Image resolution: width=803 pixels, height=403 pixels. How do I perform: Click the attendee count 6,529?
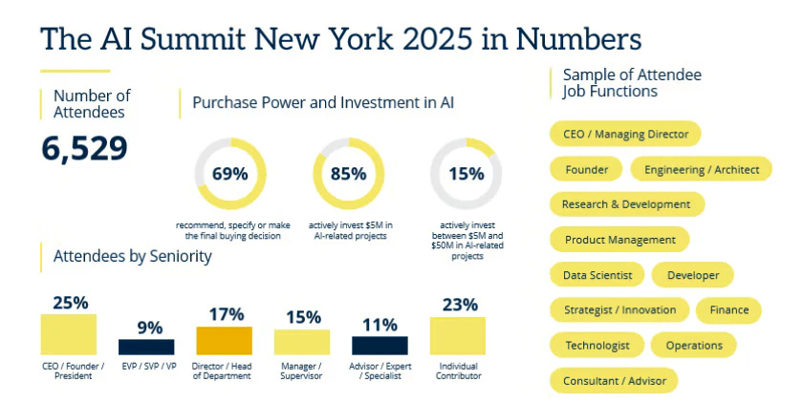pos(84,148)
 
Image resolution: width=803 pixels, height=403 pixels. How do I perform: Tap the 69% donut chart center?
pos(229,174)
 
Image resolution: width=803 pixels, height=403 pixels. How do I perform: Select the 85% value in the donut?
pos(348,174)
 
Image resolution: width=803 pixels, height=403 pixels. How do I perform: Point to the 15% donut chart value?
pos(466,174)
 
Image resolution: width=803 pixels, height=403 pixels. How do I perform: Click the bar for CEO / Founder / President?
pos(68,334)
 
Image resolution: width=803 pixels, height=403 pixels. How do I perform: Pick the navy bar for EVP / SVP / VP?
pos(146,347)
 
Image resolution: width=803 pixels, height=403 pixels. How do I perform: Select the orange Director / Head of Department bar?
pos(224,341)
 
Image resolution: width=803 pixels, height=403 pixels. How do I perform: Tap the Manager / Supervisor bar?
pos(302,342)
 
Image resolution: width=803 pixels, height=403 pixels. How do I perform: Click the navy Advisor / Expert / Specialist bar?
pos(380,345)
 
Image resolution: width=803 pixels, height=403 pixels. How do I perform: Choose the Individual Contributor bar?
pos(457,336)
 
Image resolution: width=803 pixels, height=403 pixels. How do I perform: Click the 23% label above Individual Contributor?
pos(457,305)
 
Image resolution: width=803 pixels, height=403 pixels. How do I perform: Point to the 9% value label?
pos(149,327)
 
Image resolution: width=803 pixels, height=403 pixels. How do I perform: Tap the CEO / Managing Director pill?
pos(625,134)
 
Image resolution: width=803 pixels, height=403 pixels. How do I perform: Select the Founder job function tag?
pos(586,170)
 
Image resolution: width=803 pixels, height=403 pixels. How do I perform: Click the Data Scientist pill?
pos(597,275)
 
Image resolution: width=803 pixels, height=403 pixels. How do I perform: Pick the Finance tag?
pos(728,310)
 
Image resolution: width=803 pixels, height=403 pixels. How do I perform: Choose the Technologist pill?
pos(597,345)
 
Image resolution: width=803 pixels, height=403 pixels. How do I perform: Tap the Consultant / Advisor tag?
pos(614,380)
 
